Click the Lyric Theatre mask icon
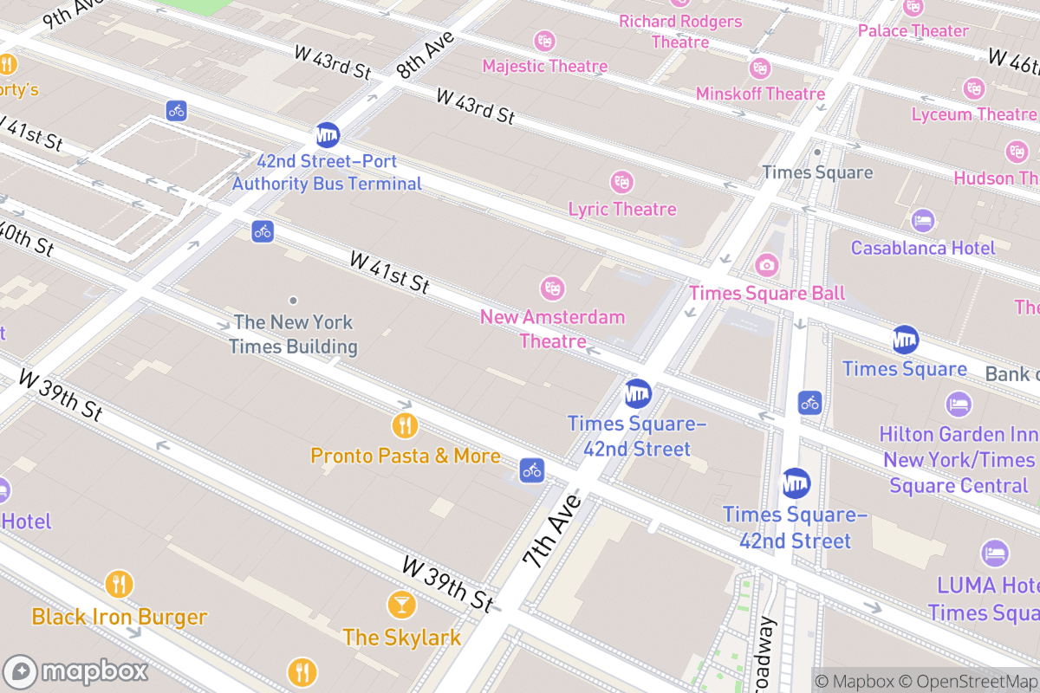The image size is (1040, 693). [621, 182]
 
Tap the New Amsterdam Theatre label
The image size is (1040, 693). [552, 328]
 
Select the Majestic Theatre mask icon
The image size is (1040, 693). [544, 40]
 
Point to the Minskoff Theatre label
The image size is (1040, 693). [760, 94]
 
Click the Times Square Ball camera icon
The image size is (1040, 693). [766, 264]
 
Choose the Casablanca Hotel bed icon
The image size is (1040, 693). [922, 221]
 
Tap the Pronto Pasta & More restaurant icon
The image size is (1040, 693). [405, 425]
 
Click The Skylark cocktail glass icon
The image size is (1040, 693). [401, 604]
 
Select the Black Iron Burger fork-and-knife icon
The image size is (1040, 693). [119, 584]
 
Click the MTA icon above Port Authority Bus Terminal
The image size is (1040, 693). [327, 134]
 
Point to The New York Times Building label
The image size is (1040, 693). [293, 334]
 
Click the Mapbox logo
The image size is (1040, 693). [78, 671]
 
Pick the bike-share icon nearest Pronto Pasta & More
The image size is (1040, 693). [531, 470]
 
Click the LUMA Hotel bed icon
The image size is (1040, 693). [994, 553]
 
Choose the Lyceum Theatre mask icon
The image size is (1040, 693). [973, 87]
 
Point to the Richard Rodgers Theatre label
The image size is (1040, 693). [680, 31]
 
